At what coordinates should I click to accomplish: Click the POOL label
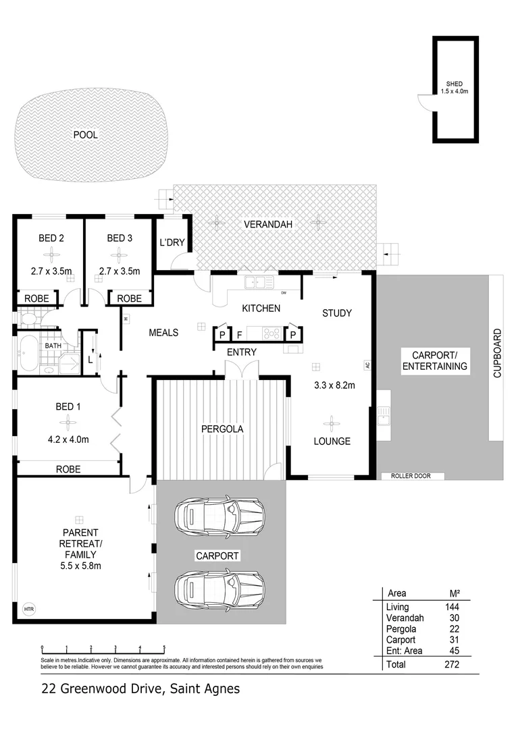pyautogui.click(x=85, y=135)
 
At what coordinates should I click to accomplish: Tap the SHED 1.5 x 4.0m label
pyautogui.click(x=451, y=87)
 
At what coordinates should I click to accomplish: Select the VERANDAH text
pyautogui.click(x=268, y=224)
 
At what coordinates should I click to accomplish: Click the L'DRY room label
pyautogui.click(x=172, y=242)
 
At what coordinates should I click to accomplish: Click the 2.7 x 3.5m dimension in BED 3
pyautogui.click(x=119, y=272)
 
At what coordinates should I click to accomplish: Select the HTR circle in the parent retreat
pyautogui.click(x=28, y=609)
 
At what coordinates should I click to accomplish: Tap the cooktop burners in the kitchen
pyautogui.click(x=272, y=332)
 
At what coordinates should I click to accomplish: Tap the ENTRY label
pyautogui.click(x=241, y=352)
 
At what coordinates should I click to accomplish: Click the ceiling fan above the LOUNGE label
pyautogui.click(x=331, y=425)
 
